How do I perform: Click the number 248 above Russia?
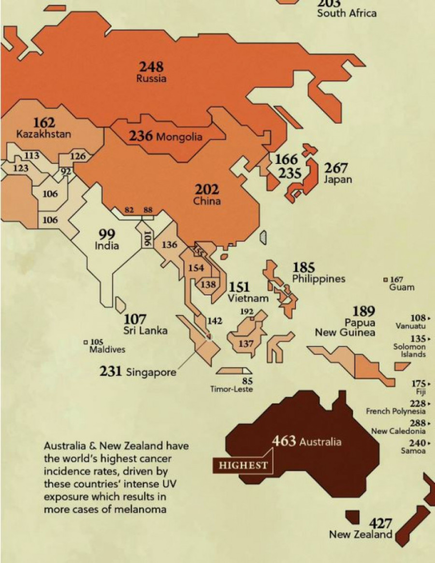coord(151,67)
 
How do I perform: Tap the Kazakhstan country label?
coord(43,134)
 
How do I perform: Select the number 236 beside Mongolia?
coord(141,137)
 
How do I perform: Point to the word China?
coord(207,201)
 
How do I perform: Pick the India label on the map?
coord(107,245)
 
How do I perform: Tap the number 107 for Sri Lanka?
coord(136,319)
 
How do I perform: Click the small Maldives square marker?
coord(86,342)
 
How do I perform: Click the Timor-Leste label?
coord(231,390)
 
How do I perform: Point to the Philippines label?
coord(319,279)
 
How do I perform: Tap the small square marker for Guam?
coord(385,280)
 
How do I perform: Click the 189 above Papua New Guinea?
coord(363,311)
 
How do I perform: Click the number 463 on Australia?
coord(284,441)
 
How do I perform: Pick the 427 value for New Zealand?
coord(380,523)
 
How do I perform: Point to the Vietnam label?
coord(248,299)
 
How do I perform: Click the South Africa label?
coord(347,13)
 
